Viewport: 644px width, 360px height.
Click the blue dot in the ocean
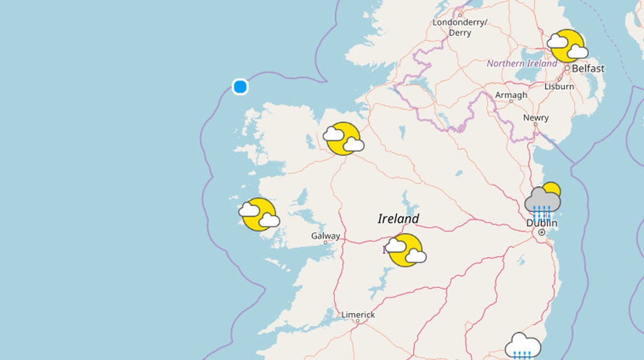point(240,86)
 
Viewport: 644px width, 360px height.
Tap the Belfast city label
point(588,69)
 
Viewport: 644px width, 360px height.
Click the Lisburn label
point(559,86)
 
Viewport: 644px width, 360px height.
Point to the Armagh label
point(511,95)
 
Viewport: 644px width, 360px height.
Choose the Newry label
point(536,117)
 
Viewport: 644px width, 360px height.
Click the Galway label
point(325,236)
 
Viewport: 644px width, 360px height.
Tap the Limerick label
point(358,314)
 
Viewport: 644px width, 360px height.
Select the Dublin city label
point(541,223)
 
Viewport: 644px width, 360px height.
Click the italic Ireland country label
point(398,218)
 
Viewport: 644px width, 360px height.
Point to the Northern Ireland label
point(522,63)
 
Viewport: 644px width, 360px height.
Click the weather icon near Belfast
point(567,46)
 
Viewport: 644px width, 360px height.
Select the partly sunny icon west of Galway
point(259,215)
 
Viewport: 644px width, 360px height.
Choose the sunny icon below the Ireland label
point(406,250)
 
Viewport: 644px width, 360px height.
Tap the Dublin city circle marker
point(541,232)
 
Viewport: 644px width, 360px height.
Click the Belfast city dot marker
point(567,69)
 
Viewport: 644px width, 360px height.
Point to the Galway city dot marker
point(325,243)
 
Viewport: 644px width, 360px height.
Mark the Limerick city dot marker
point(357,321)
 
